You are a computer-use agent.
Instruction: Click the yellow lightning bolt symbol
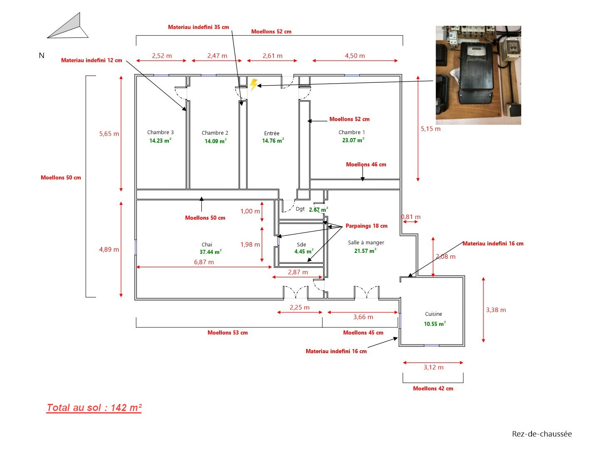tap(253, 84)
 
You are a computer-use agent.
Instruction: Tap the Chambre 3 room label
tap(160, 132)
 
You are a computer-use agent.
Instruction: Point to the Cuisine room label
tap(433, 314)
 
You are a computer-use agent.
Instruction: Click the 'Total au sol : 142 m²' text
tap(94, 408)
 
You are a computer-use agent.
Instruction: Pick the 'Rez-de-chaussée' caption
tap(542, 434)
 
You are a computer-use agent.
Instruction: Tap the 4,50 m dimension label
tap(355, 56)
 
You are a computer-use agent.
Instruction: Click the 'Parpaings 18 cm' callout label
tap(366, 226)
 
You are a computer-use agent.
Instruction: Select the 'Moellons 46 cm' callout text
tap(366, 164)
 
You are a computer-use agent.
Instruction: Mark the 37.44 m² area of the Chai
tap(210, 252)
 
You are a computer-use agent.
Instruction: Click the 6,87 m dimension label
tap(204, 262)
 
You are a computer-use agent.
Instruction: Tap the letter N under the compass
tap(42, 55)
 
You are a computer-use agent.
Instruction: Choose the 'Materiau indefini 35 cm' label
tap(198, 27)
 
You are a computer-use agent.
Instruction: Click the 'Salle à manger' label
tap(366, 243)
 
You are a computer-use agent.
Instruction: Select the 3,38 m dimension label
tap(496, 310)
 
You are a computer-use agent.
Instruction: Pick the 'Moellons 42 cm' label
tap(433, 389)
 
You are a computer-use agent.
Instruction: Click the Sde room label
tap(302, 245)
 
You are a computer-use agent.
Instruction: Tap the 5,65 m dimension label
tap(109, 134)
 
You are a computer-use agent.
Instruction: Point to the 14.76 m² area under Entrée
tap(273, 141)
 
